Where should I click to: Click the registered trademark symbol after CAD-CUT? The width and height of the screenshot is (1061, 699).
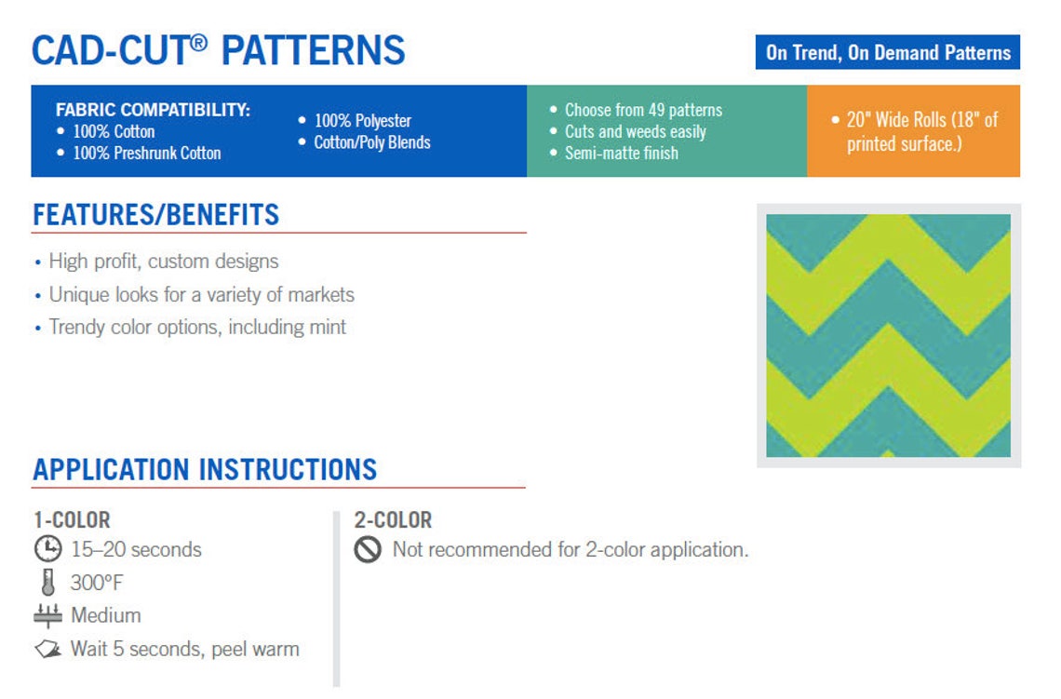198,42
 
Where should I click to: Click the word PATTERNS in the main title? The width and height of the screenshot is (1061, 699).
314,51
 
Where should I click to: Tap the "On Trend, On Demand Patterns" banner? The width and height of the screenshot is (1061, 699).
888,52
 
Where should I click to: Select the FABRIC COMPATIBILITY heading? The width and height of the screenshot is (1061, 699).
153,110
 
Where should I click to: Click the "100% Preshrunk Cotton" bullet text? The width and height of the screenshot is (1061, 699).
147,153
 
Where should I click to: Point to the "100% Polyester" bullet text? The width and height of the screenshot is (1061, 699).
363,120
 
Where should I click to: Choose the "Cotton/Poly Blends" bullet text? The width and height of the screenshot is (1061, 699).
372,142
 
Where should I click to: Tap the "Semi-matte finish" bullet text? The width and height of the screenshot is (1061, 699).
622,153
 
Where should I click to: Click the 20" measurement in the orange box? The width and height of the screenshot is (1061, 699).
858,120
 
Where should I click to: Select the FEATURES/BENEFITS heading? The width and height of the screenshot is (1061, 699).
155,215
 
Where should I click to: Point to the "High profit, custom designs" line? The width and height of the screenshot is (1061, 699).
164,262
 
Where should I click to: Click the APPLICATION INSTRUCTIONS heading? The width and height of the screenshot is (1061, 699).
205,470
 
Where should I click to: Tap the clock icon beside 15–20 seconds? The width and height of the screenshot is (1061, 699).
48,549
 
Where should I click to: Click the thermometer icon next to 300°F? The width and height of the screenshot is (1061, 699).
47,583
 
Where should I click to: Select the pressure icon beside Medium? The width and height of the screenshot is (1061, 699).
47,616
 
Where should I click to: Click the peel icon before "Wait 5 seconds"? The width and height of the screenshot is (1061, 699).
48,650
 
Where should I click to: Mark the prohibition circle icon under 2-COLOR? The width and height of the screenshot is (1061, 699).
369,549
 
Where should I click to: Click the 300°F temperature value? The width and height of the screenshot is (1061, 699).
97,583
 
